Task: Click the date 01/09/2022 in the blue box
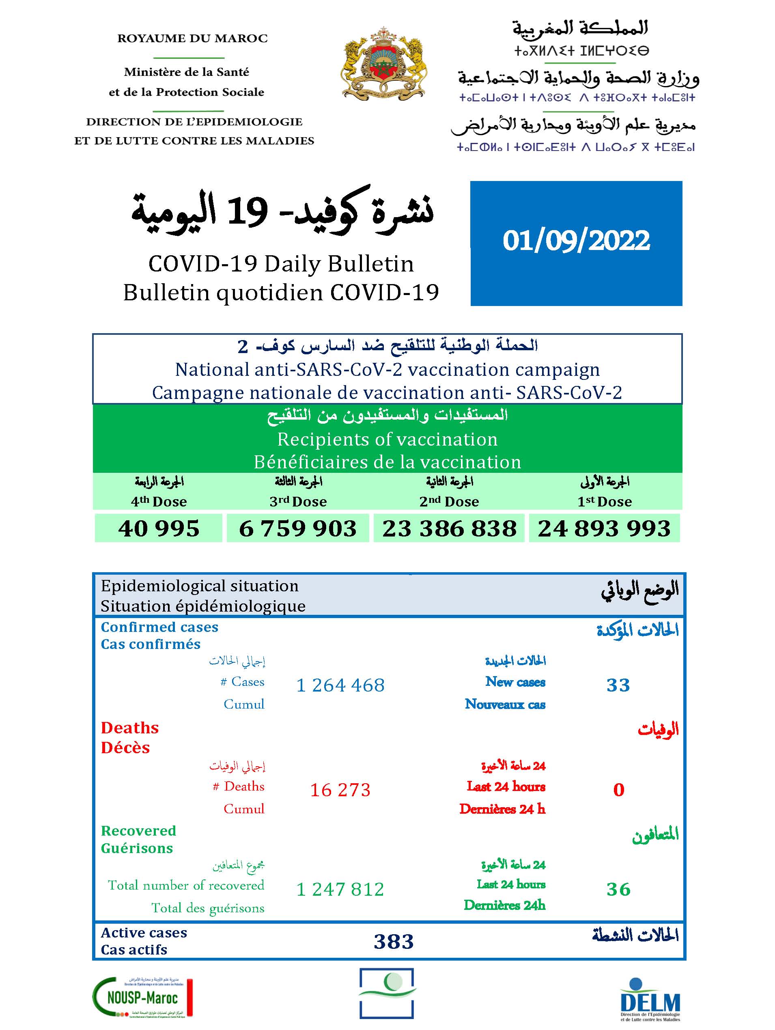576,241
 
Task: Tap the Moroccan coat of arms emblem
384,63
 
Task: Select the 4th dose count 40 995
159,528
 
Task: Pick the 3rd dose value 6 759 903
298,528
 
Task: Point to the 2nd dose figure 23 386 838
449,528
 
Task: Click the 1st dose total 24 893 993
604,528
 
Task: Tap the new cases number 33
618,685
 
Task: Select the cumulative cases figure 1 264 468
340,685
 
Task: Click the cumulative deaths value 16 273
340,790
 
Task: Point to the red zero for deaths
619,790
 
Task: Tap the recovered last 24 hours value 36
618,889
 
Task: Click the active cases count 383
394,942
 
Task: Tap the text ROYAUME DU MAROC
193,39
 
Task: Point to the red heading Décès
125,748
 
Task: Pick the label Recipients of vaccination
387,439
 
